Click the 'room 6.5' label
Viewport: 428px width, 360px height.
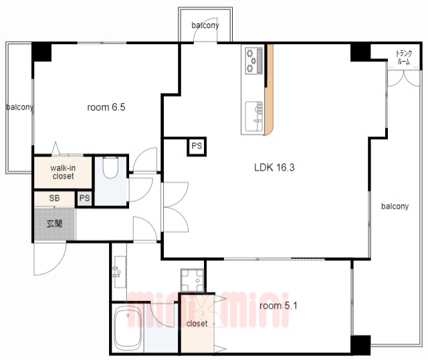106,107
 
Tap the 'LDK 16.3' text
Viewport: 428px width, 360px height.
274,167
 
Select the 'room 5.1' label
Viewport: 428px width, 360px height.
278,305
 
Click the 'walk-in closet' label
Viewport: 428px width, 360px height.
63,172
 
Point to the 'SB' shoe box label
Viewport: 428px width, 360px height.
54,198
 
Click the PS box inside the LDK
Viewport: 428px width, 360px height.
197,146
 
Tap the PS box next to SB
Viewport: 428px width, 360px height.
84,198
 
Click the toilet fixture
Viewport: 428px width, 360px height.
110,167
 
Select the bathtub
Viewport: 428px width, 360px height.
127,329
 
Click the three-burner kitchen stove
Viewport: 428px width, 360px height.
254,61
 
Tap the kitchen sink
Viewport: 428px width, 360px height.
254,116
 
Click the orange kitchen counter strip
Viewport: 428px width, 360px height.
269,90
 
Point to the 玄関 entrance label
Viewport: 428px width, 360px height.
55,223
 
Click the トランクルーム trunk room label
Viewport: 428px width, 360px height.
404,57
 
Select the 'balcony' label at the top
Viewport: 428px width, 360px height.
205,25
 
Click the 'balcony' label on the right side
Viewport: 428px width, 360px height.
395,206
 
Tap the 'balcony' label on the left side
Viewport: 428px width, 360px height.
20,107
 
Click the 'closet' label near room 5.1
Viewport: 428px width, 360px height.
197,324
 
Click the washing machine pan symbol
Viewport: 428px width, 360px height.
192,280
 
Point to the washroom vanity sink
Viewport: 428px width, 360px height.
120,272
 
